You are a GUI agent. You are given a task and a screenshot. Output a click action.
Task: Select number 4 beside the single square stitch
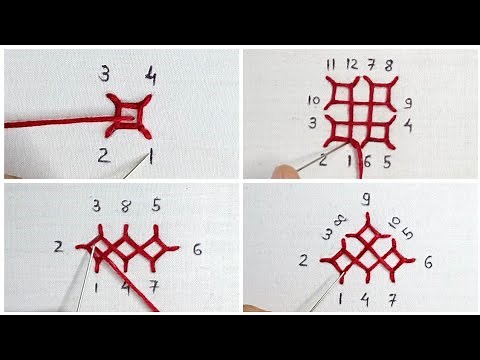(150, 74)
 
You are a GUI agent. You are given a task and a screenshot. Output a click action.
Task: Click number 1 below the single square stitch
(151, 156)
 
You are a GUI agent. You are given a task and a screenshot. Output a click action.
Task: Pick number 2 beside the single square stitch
(103, 155)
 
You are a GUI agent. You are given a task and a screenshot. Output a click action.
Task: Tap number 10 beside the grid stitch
(312, 100)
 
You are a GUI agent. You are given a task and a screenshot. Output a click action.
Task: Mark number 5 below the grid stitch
(386, 160)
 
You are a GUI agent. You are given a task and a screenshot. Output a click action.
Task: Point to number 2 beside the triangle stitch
(303, 261)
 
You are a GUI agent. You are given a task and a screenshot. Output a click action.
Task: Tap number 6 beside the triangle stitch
(428, 262)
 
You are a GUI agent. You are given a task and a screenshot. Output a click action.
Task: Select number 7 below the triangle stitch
(393, 299)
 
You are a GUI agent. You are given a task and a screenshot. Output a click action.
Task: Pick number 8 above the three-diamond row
(126, 207)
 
